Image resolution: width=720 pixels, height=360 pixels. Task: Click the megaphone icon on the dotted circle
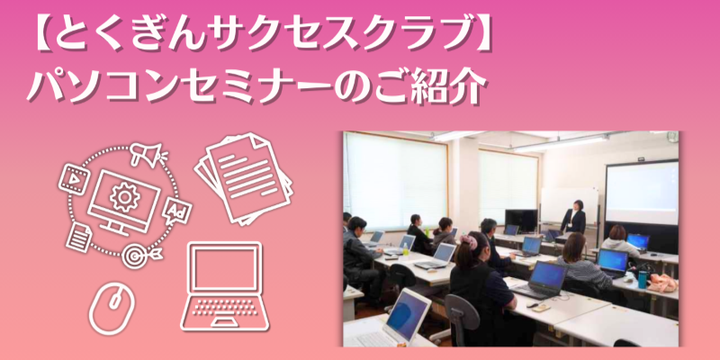pyautogui.click(x=148, y=154)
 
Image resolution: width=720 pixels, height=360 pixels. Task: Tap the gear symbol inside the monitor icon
pyautogui.click(x=124, y=197)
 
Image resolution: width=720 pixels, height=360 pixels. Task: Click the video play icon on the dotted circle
pyautogui.click(x=73, y=179)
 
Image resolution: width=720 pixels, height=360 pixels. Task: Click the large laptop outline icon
pyautogui.click(x=225, y=286)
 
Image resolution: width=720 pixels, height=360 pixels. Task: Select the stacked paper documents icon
pyautogui.click(x=244, y=178)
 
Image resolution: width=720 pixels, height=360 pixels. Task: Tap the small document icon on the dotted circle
pyautogui.click(x=79, y=237)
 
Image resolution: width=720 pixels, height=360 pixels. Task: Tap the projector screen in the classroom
pyautogui.click(x=642, y=192)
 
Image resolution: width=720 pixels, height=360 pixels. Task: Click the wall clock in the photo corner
pyautogui.click(x=672, y=137)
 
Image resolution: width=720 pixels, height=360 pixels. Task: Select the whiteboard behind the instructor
pyautogui.click(x=569, y=206)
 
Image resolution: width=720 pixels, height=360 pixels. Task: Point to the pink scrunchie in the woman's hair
pyautogui.click(x=468, y=242)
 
